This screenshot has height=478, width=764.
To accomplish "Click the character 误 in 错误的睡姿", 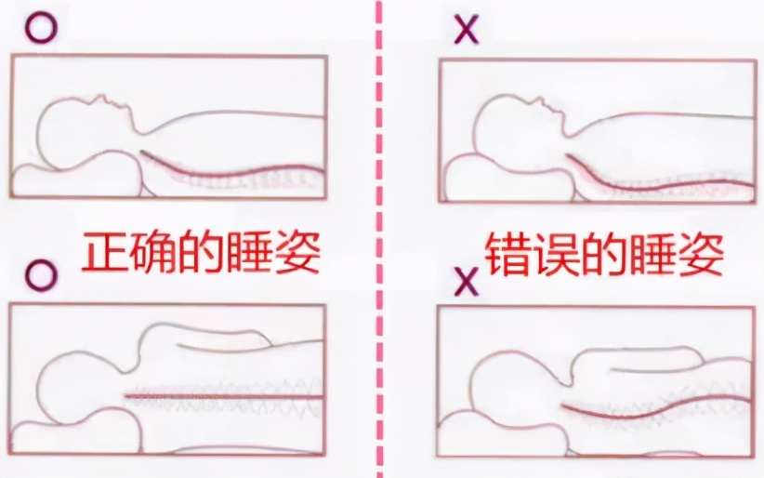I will pos(558,252).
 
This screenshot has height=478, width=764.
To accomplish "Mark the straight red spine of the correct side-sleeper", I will pos(223,396).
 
